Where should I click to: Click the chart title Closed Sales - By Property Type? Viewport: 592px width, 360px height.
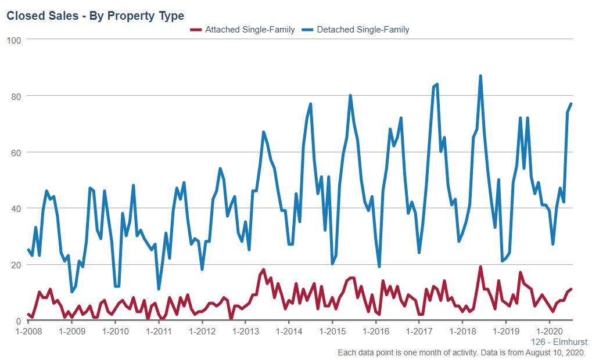point(95,16)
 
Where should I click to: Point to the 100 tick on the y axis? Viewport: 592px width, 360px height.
point(14,39)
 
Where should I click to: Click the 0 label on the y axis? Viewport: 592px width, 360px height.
point(18,321)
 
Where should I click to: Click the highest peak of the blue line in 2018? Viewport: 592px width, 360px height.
point(480,75)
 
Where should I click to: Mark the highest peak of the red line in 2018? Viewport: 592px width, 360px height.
point(480,267)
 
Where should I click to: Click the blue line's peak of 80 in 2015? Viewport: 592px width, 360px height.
point(350,95)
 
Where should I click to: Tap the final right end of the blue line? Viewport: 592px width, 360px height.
point(571,104)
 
